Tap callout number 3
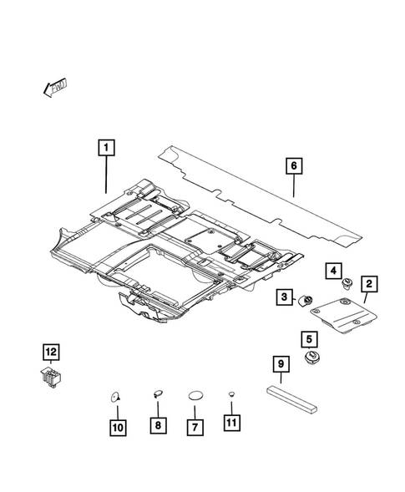point(285,298)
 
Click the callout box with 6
point(293,166)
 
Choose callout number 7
point(195,426)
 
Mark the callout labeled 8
point(156,426)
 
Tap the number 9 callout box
point(281,364)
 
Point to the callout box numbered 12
point(52,351)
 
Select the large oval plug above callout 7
point(195,395)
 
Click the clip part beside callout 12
point(53,378)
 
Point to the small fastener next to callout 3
point(306,300)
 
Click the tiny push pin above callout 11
point(231,394)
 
